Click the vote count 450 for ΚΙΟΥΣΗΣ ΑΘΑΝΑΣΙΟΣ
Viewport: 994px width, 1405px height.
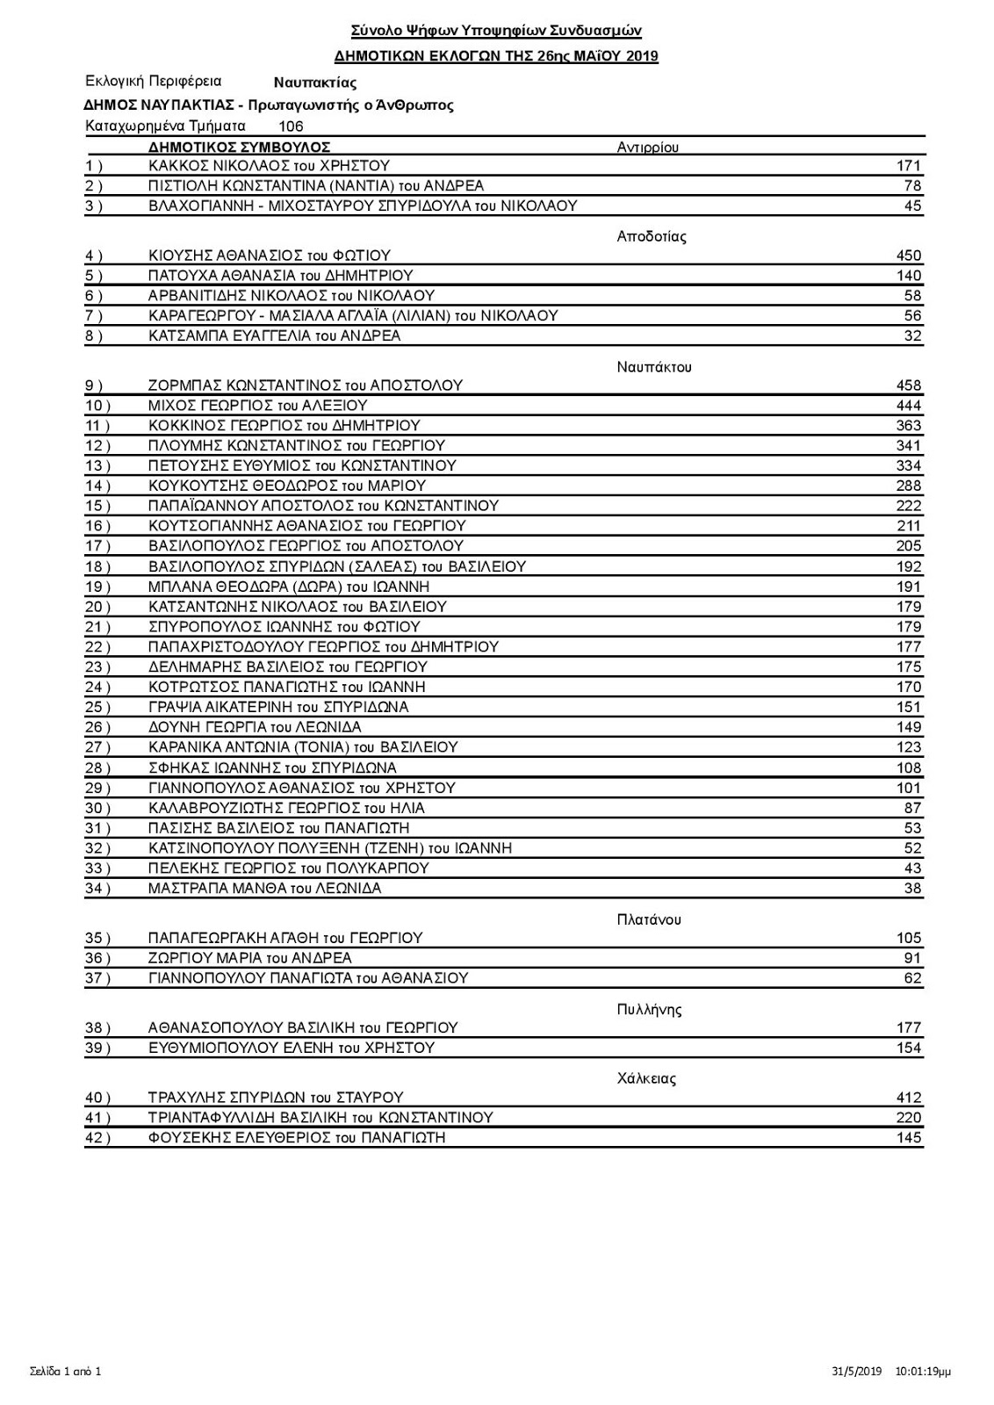point(909,256)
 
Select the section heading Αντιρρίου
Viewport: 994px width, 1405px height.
point(648,148)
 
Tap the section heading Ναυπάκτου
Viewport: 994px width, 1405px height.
point(654,367)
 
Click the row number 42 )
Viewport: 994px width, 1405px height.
point(97,1138)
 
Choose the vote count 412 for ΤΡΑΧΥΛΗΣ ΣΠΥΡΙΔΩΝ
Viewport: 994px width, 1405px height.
point(909,1098)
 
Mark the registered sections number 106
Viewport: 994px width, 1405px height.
point(291,126)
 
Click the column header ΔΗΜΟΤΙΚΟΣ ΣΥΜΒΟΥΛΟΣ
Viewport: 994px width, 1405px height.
point(239,147)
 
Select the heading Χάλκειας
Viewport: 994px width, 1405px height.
point(647,1079)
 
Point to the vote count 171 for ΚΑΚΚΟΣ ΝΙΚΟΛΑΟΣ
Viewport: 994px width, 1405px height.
point(909,166)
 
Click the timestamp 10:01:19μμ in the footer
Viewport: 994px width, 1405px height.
point(923,1371)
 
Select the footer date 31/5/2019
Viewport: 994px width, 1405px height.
point(855,1371)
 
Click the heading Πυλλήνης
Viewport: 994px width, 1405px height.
point(650,1010)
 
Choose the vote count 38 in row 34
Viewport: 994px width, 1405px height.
point(913,889)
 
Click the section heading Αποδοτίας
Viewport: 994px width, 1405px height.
point(652,236)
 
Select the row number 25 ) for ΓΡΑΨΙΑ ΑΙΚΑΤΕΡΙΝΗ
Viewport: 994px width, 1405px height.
point(97,708)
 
